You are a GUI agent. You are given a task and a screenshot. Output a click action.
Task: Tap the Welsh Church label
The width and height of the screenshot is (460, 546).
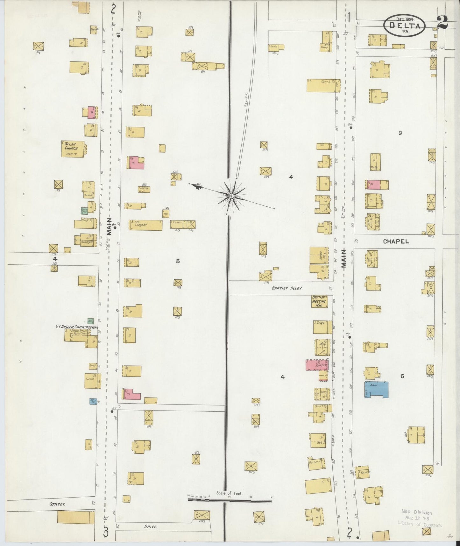click(x=71, y=146)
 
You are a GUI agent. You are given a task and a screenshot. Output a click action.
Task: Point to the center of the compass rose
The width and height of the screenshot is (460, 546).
click(x=232, y=195)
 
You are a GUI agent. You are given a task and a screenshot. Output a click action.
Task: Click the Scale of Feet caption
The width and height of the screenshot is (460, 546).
click(x=229, y=493)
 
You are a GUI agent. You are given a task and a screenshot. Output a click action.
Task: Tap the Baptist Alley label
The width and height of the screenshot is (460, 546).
click(x=287, y=288)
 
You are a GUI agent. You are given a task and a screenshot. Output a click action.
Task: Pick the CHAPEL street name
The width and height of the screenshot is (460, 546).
click(x=396, y=241)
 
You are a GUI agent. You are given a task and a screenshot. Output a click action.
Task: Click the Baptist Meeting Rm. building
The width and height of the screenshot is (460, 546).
click(x=319, y=301)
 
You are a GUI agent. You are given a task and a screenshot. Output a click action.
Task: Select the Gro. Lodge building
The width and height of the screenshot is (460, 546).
click(x=145, y=225)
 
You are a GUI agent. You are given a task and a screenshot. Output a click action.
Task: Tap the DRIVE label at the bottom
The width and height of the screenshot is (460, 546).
click(x=150, y=527)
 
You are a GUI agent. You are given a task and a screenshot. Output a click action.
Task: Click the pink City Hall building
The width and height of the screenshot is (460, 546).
click(x=317, y=365)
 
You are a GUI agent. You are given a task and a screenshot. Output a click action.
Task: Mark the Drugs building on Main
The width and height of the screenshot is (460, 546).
click(x=322, y=327)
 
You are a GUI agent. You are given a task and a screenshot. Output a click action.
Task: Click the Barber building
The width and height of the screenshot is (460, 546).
click(x=316, y=463)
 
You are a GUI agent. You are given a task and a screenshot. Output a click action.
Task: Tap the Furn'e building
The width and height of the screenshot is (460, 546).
click(x=92, y=380)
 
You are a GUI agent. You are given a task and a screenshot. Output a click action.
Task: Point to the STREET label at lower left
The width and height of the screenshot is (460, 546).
click(x=57, y=504)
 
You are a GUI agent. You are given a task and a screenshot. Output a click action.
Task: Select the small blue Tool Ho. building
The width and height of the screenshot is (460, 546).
click(x=93, y=401)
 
